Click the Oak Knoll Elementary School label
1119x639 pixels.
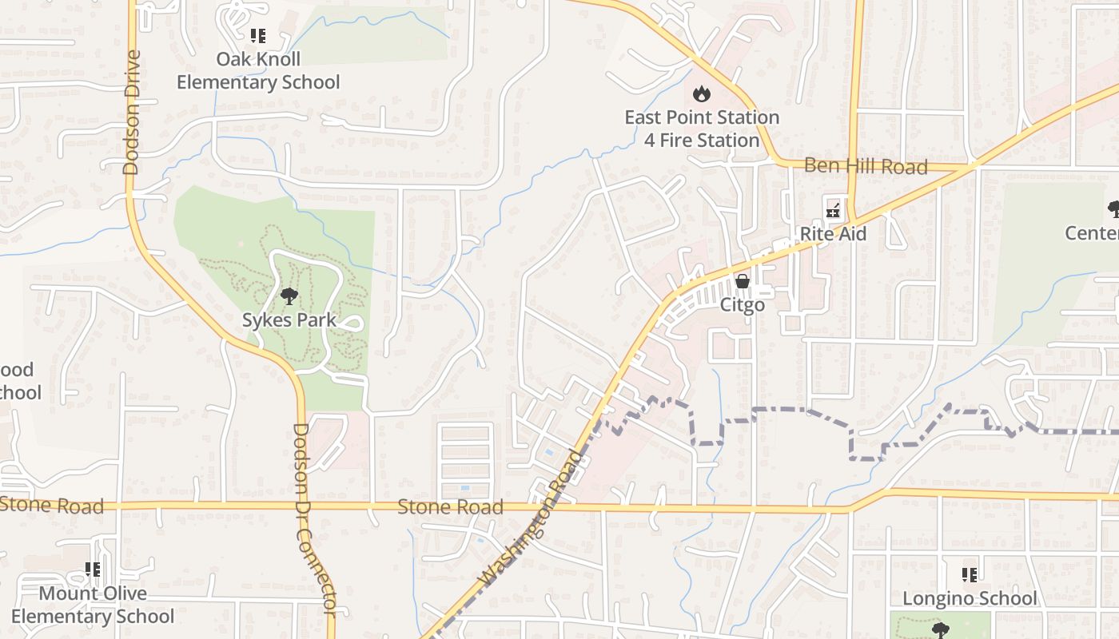(x=258, y=71)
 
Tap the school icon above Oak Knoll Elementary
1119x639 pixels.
(x=257, y=36)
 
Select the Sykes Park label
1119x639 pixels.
(x=289, y=320)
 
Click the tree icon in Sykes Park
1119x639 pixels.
(x=289, y=297)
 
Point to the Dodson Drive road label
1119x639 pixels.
(x=132, y=112)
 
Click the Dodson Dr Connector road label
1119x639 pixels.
(x=313, y=519)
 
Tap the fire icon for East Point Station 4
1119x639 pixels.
(x=702, y=94)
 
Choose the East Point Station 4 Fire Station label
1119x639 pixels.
(x=702, y=129)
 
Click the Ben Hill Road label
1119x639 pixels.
(x=866, y=166)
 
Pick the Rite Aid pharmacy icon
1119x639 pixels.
(x=833, y=211)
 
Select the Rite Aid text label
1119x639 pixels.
(x=833, y=234)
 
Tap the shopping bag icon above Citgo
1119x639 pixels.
(x=743, y=282)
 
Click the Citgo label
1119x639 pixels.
(x=743, y=305)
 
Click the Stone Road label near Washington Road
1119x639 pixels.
(x=450, y=507)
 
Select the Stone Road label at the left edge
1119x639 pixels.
(x=52, y=506)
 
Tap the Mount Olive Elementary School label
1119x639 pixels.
(x=93, y=605)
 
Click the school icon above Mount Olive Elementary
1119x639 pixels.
(x=93, y=570)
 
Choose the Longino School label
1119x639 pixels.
(x=970, y=598)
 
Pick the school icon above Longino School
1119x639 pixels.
(x=970, y=574)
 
